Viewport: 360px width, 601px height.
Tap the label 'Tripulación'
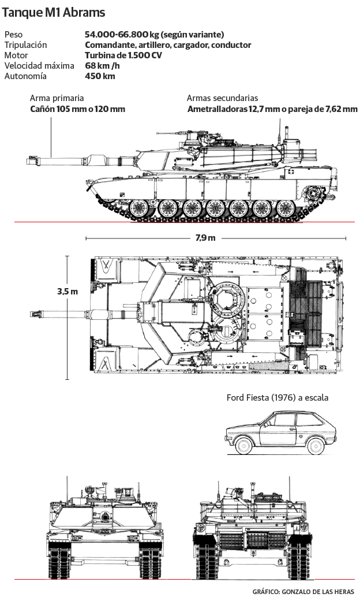[25, 45]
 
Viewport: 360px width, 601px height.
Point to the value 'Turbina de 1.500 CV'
[123, 55]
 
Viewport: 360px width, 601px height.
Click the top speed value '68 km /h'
[102, 66]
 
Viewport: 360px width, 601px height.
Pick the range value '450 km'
[100, 76]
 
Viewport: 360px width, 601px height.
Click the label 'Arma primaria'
[57, 98]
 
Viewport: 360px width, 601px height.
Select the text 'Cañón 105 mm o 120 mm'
[77, 109]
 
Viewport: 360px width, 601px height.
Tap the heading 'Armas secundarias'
[222, 98]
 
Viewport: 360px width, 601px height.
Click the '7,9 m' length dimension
[205, 238]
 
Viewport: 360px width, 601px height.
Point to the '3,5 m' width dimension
[67, 292]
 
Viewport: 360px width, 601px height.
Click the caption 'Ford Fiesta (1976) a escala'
[277, 398]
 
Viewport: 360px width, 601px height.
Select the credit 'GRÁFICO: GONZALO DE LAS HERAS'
[303, 592]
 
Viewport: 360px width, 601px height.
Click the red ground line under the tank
[173, 222]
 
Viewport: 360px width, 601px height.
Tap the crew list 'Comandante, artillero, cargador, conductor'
[168, 45]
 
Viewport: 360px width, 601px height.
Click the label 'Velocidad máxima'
[39, 66]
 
